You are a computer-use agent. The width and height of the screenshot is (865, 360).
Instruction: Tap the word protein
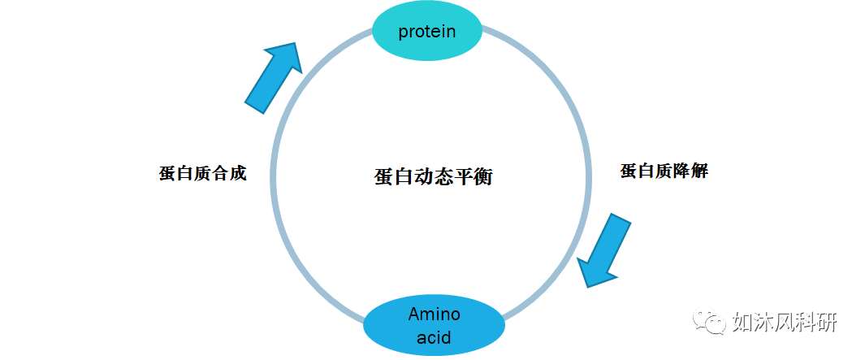426,32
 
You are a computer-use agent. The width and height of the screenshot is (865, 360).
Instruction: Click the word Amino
434,314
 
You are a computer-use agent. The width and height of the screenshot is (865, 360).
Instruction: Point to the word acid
434,336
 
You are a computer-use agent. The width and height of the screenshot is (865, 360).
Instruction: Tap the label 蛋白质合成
201,174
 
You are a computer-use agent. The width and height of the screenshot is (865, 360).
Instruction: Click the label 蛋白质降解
664,171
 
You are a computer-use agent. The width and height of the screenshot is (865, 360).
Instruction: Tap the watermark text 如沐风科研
784,322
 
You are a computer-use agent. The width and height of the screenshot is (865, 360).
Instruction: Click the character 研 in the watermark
826,322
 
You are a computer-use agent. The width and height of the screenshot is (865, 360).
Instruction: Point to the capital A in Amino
413,314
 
